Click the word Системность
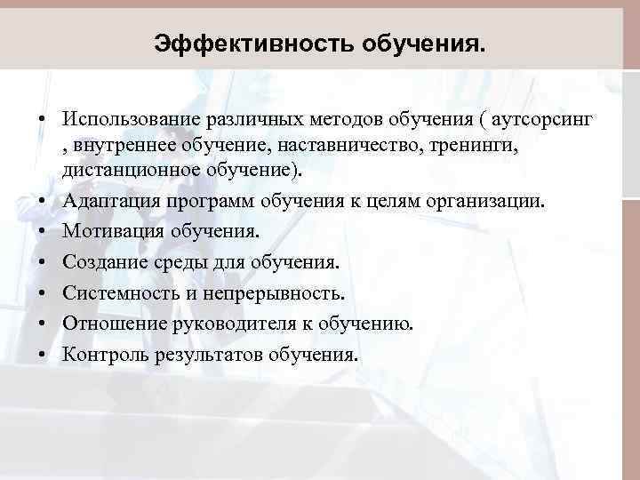(x=114, y=292)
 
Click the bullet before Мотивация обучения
(x=42, y=232)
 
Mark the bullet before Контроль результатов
(x=42, y=356)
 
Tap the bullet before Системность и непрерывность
(x=42, y=293)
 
